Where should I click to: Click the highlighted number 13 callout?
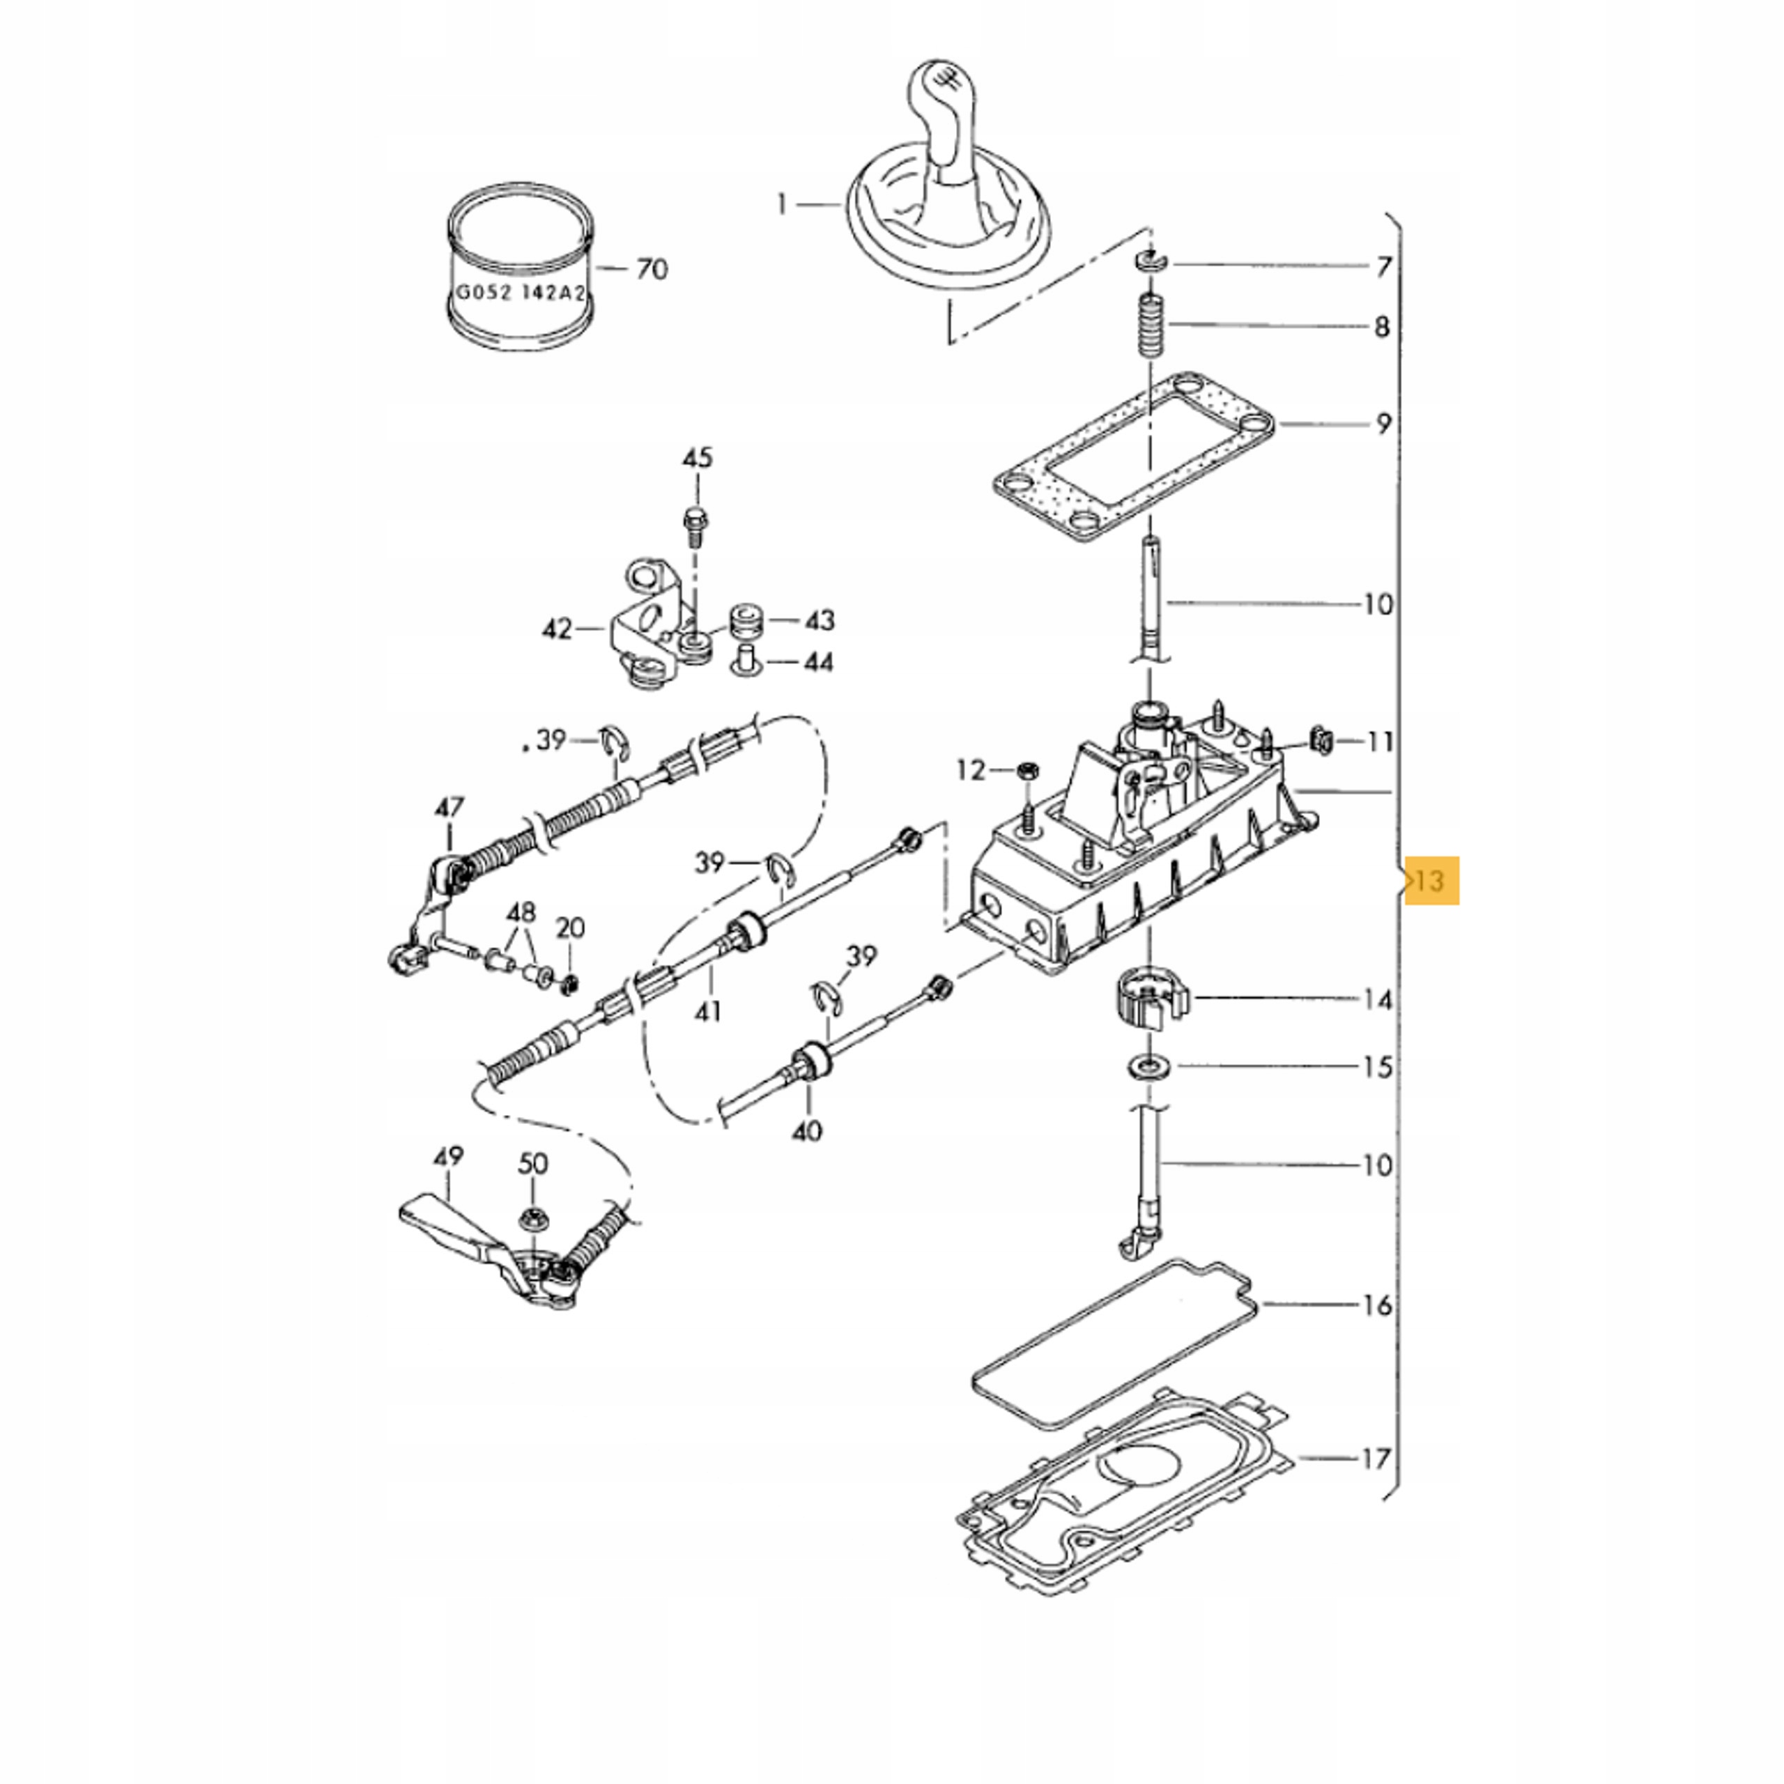tap(1431, 880)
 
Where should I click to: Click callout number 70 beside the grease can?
tap(652, 269)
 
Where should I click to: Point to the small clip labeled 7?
tap(1151, 262)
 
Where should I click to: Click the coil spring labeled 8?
tap(1151, 326)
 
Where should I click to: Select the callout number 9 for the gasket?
tap(1383, 424)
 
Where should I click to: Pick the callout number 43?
tap(819, 620)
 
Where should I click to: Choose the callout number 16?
tap(1377, 1305)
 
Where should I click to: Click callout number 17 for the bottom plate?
tap(1376, 1459)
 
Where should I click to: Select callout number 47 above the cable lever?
tap(449, 808)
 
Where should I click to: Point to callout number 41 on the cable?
tap(707, 1011)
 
